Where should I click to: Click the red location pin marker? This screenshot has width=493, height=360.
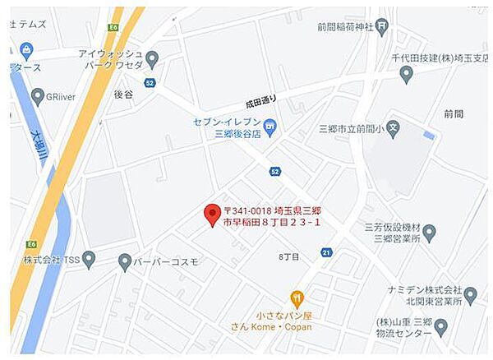point(212,215)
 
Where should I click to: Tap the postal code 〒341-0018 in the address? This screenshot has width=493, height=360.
point(250,211)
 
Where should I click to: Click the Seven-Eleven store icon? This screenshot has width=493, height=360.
point(270,127)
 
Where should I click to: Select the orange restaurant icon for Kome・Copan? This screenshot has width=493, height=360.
point(297,299)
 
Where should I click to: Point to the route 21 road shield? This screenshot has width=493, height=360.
point(326,252)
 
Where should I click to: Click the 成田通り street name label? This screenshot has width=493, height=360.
point(261,103)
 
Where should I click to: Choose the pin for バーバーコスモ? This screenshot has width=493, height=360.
point(125,262)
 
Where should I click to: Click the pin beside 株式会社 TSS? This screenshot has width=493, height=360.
point(89,260)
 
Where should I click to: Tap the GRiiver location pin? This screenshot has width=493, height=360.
point(37,96)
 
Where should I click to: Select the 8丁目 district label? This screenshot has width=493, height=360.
point(288,257)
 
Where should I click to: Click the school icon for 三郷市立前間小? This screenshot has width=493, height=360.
point(394,128)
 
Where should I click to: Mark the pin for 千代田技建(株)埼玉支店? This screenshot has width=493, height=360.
point(406,74)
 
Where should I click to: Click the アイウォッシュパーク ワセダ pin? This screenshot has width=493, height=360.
point(152,60)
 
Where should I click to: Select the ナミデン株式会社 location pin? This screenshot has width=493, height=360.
point(470,295)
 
